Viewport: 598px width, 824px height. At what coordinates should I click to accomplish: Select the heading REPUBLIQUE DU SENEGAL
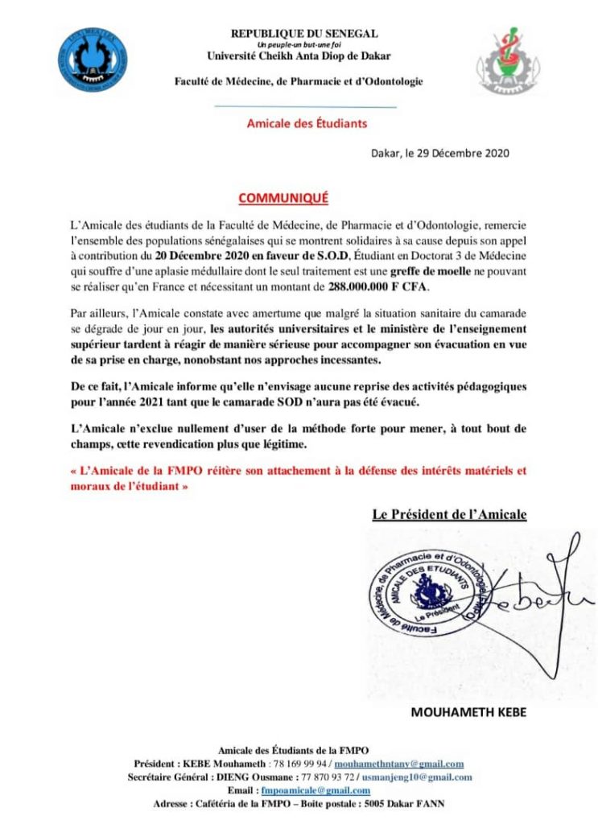304,34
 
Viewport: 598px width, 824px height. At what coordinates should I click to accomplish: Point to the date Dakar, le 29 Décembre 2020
439,153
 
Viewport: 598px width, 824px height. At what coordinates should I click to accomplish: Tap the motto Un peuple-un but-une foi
304,44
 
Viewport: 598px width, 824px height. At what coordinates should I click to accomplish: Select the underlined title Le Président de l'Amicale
449,513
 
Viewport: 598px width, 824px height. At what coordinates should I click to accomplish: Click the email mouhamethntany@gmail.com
398,764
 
